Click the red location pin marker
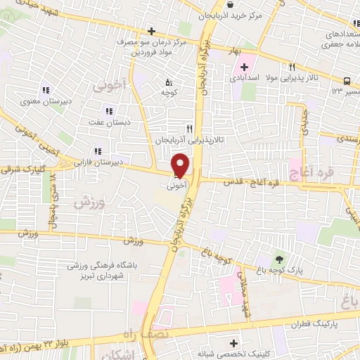[x=181, y=166]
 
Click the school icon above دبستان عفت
[x=108, y=110]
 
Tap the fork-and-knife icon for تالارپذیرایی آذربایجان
[x=189, y=129]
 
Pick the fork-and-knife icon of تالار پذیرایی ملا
[x=292, y=67]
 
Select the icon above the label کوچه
[x=168, y=79]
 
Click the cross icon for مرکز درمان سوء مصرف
[x=151, y=30]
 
